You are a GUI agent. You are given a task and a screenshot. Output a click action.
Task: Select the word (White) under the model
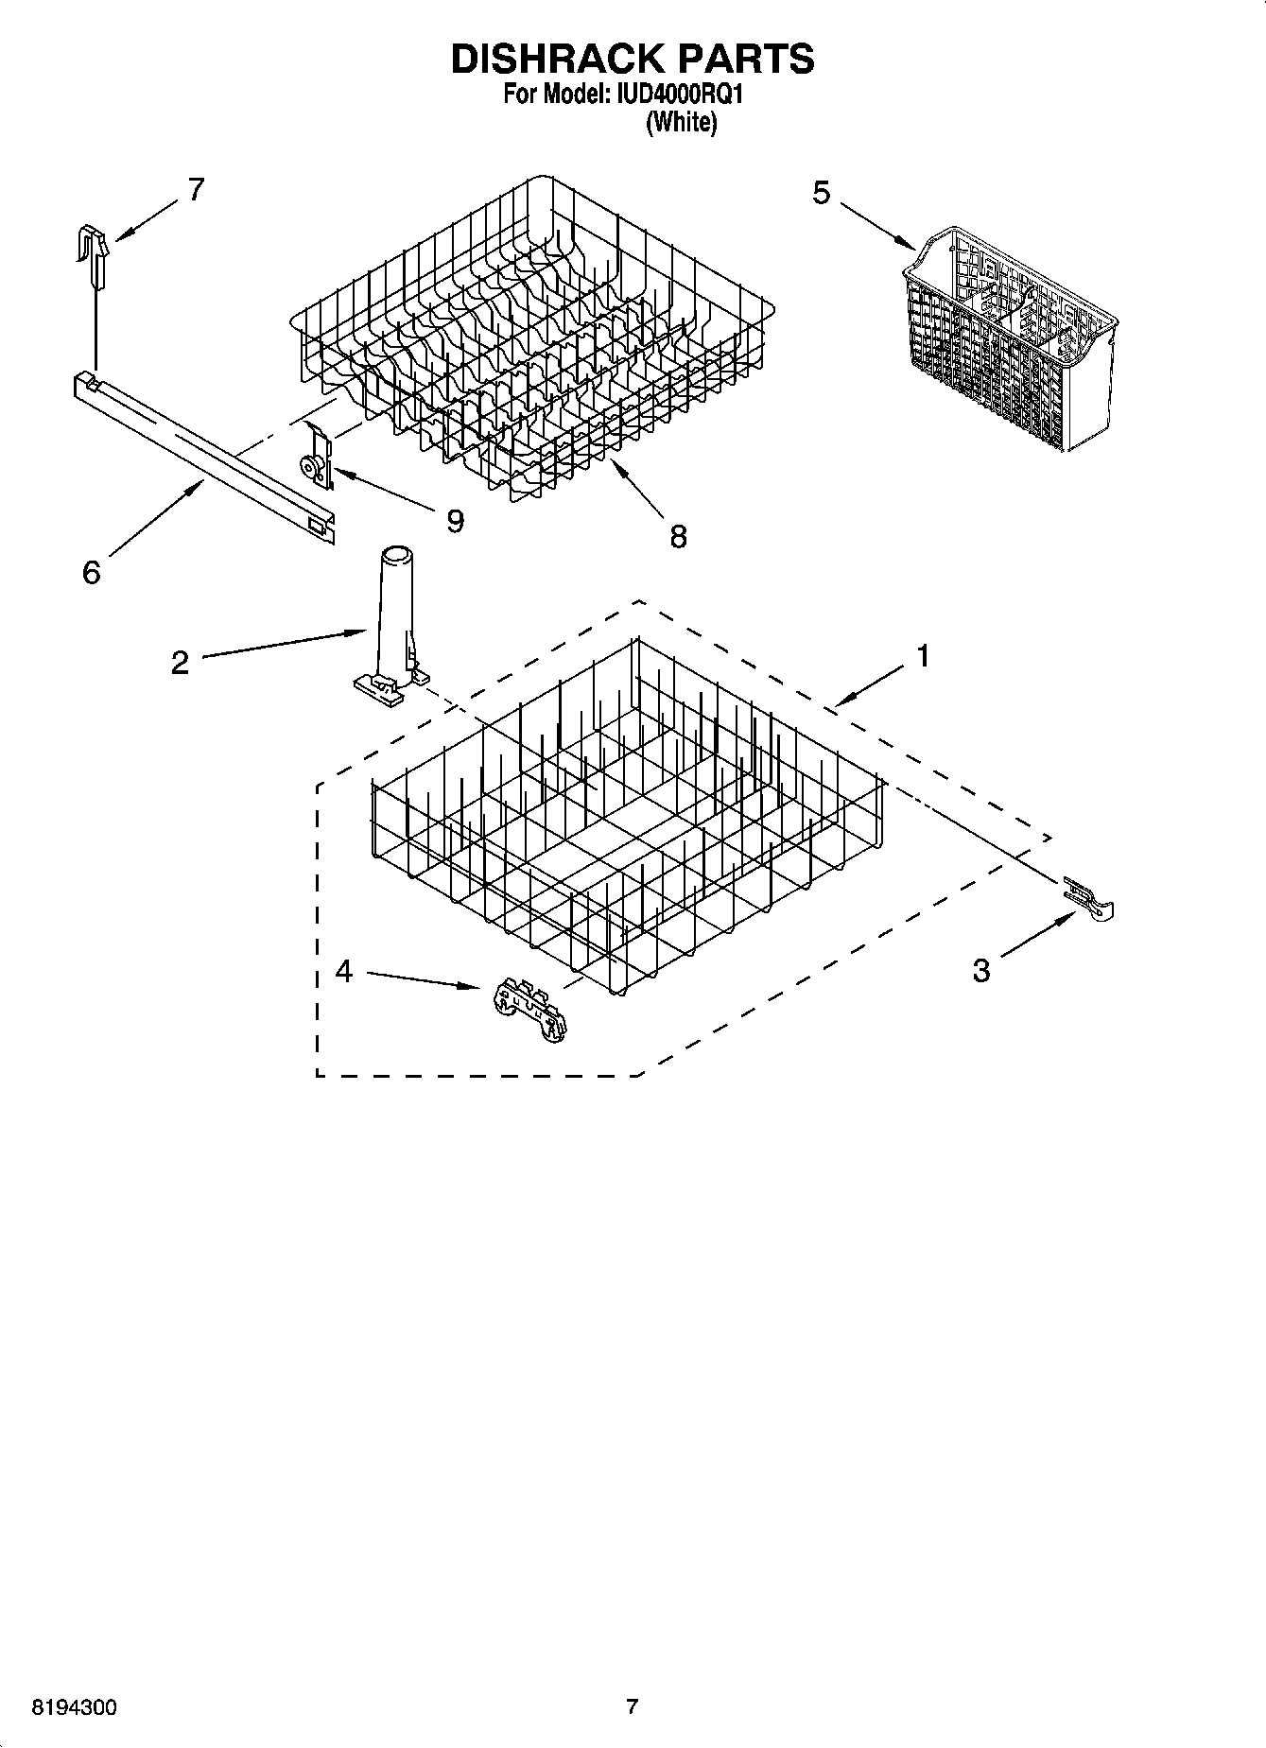click(681, 123)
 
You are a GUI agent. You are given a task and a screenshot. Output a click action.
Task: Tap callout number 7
click(195, 190)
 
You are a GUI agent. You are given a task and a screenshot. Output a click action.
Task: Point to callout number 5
click(821, 193)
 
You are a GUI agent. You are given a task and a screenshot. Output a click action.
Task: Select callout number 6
click(91, 572)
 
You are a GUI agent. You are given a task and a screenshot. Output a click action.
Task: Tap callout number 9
click(456, 521)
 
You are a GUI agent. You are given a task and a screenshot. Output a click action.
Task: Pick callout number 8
click(678, 537)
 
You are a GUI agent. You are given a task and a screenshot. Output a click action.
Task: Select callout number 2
click(180, 662)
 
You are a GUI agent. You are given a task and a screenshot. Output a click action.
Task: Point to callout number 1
click(923, 655)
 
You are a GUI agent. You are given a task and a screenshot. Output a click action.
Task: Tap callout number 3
click(981, 970)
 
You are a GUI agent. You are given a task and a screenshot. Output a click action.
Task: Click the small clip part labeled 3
click(1089, 895)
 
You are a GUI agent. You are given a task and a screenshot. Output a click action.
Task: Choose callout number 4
click(344, 970)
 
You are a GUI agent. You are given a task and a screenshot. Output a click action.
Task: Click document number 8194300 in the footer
click(75, 1707)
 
